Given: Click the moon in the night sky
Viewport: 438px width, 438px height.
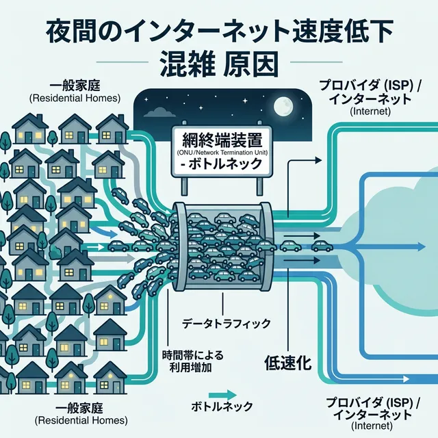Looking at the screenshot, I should [x=282, y=105].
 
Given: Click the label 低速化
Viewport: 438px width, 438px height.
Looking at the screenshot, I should [x=287, y=363].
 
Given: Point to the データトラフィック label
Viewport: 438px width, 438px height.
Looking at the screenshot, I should [x=227, y=322].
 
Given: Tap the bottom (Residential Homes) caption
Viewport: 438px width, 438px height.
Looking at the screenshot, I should [x=75, y=419].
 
